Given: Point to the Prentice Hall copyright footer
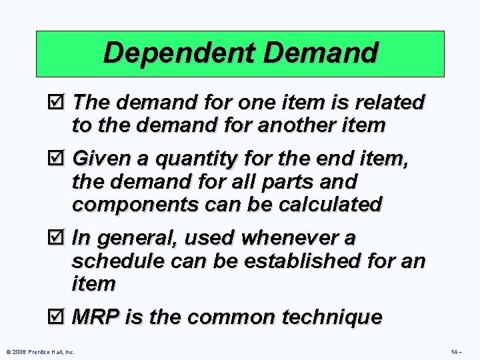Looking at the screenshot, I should (x=41, y=351).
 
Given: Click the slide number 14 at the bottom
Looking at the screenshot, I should (x=455, y=351).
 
